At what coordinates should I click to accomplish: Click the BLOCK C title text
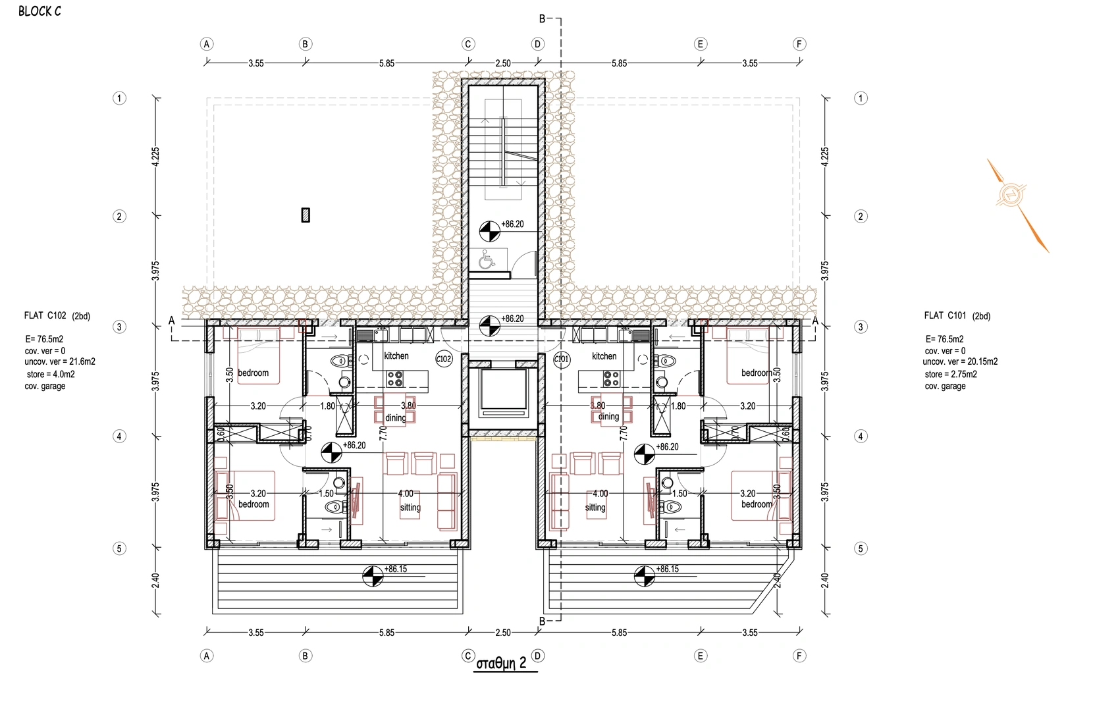point(40,11)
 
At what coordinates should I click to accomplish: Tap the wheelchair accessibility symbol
point(486,259)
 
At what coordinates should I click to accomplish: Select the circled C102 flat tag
point(444,359)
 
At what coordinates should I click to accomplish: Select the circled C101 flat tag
point(562,359)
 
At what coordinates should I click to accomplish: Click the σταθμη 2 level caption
point(502,663)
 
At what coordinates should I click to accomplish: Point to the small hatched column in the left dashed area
point(306,215)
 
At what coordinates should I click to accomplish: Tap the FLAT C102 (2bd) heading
point(57,316)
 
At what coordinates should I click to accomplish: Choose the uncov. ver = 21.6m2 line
point(60,361)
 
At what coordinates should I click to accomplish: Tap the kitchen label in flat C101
point(604,356)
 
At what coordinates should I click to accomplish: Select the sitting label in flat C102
point(410,508)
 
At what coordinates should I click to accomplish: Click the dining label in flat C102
point(396,418)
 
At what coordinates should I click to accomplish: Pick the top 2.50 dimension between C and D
point(503,63)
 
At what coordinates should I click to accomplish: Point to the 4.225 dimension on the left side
point(155,157)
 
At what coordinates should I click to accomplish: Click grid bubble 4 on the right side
point(861,436)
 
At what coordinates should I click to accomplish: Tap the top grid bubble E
point(700,44)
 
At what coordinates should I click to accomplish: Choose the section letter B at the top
point(542,19)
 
